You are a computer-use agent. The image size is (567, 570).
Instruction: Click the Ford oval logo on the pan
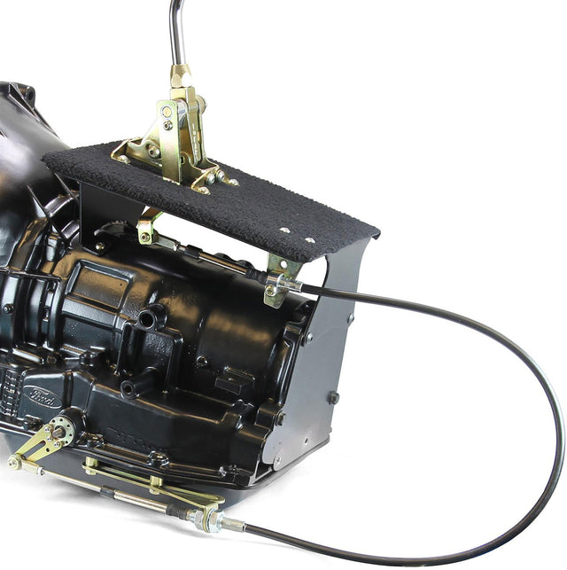tap(43, 398)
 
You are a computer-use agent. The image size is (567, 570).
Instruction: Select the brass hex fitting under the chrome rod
tap(181, 75)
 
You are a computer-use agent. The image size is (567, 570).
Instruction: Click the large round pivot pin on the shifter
tap(167, 111)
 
